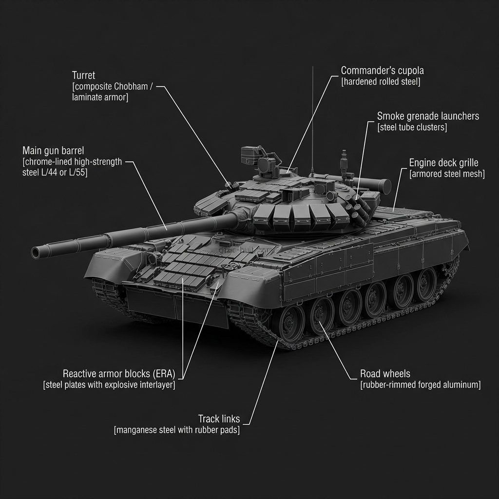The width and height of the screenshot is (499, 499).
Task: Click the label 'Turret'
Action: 83,76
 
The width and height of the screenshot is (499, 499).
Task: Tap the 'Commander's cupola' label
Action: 382,70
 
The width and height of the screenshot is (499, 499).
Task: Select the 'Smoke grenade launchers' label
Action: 428,116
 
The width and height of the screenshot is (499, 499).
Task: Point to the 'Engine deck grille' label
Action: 443,163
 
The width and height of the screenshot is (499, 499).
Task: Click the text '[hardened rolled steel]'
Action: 380,82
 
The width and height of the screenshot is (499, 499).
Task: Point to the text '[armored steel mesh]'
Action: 447,174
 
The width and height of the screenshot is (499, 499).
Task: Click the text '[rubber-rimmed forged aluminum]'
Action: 420,385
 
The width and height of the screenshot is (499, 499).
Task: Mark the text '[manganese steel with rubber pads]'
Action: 176,430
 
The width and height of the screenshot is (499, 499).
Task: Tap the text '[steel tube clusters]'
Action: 412,127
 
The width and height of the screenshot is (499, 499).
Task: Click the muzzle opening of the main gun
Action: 36,252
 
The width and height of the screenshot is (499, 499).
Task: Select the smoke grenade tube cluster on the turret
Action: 360,210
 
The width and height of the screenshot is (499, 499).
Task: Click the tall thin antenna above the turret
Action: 312,122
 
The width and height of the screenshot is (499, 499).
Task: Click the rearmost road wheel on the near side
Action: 427,284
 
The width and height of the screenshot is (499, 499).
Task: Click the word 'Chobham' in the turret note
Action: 131,87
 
